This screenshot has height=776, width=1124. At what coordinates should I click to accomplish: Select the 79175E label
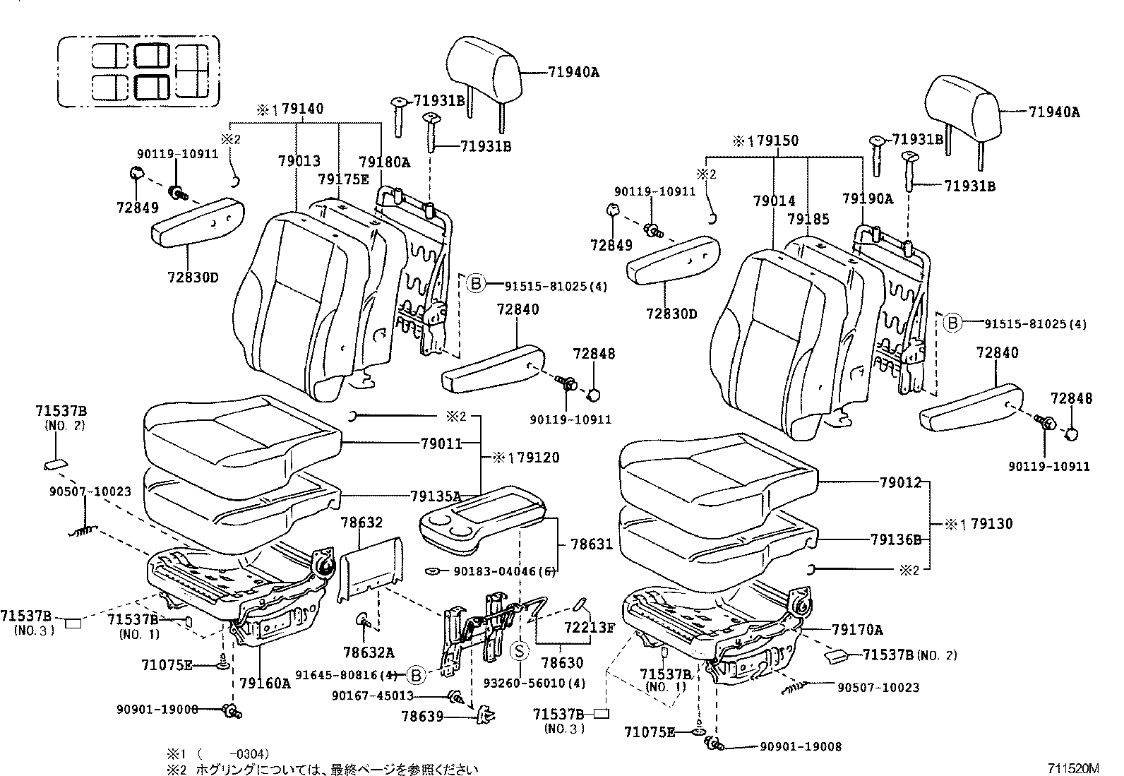pos(343,179)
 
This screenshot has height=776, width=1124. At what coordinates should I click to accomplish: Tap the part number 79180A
pos(384,162)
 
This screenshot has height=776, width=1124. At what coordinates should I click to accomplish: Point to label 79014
pos(775,201)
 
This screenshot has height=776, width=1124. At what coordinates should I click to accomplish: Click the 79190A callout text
pos(867,199)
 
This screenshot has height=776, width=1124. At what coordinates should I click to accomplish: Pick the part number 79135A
pos(436,496)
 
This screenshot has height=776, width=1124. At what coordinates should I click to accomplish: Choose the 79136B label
pos(896,539)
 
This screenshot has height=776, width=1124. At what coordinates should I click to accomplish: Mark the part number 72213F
pos(590,626)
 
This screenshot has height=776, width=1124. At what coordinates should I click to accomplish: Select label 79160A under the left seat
pos(265,683)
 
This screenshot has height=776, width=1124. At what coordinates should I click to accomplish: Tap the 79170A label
pos(857,629)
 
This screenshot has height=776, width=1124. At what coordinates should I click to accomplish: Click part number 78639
pos(422,717)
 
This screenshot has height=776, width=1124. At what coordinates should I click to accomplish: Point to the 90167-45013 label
pos(372,696)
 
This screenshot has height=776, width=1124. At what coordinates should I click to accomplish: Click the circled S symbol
pos(520,650)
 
